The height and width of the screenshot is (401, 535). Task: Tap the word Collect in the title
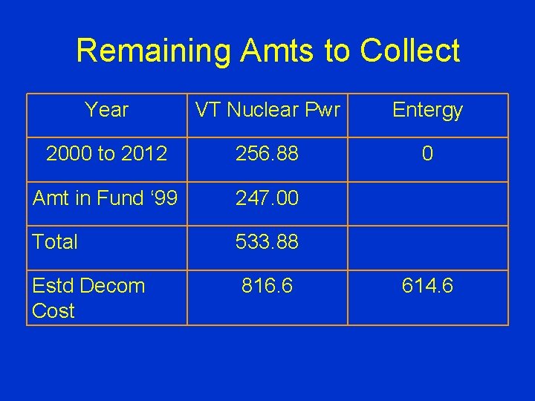[x=409, y=51]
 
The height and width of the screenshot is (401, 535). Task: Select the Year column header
[x=106, y=111]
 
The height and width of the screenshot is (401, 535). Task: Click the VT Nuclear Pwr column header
[x=267, y=111]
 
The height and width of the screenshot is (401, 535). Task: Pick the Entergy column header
[x=427, y=111]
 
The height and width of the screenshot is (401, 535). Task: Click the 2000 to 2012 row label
[x=106, y=154]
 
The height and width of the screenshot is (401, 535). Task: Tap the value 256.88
[x=267, y=154]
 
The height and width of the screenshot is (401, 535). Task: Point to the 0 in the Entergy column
[x=427, y=154]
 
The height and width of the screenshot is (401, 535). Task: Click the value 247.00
[x=267, y=198]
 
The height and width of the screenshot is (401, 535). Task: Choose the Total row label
[x=56, y=242]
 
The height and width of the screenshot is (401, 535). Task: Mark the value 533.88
[x=267, y=242]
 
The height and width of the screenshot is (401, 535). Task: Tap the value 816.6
[x=267, y=286]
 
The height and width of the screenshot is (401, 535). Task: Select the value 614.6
[x=427, y=286]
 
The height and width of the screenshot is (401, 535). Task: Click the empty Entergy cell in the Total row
[x=427, y=247]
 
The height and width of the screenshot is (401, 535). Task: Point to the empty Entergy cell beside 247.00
[x=427, y=203]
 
